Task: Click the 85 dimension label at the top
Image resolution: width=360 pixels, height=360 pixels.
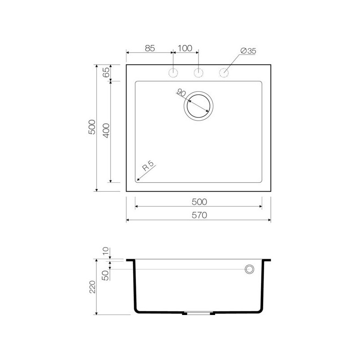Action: pyautogui.click(x=150, y=48)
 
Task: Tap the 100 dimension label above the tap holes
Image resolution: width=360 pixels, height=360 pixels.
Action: pyautogui.click(x=185, y=48)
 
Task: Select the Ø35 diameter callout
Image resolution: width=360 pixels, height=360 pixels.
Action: pyautogui.click(x=248, y=51)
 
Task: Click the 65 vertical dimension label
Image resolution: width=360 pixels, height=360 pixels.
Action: pyautogui.click(x=106, y=72)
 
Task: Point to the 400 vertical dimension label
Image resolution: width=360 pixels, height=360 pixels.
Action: pyautogui.click(x=106, y=130)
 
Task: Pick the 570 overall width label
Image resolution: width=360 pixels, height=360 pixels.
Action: pyautogui.click(x=199, y=215)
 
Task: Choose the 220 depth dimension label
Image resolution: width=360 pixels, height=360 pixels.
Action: pyautogui.click(x=92, y=287)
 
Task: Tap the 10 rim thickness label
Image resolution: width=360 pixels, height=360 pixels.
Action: pyautogui.click(x=105, y=251)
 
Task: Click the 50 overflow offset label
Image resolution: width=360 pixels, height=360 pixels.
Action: pyautogui.click(x=105, y=275)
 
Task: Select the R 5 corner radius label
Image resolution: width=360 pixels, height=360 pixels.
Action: pyautogui.click(x=148, y=166)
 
